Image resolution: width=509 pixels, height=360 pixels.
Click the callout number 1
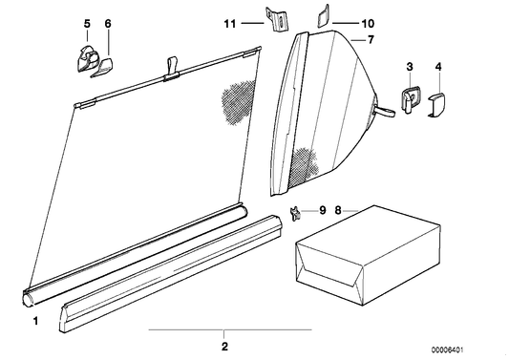click(35, 321)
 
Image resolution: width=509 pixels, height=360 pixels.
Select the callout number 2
click(224, 347)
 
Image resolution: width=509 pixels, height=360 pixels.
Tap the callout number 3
click(410, 67)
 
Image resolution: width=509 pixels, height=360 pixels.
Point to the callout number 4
click(438, 67)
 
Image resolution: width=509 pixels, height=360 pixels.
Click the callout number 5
click(87, 23)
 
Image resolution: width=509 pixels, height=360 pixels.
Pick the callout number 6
click(108, 23)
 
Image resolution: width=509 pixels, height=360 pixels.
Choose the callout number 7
click(371, 40)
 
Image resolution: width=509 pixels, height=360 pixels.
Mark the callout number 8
click(338, 211)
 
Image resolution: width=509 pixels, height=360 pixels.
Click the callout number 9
click(323, 210)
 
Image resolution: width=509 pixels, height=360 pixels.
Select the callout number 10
click(368, 23)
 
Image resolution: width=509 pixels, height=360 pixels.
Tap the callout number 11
click(230, 23)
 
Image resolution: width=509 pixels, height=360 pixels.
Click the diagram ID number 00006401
click(447, 349)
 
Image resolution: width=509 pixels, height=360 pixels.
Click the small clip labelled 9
click(294, 214)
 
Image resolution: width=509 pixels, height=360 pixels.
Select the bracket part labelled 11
click(278, 19)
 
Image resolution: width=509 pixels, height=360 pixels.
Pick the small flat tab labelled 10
click(323, 17)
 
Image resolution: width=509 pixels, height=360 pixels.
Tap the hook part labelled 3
click(410, 98)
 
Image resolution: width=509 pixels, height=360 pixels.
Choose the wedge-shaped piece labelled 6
click(102, 68)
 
